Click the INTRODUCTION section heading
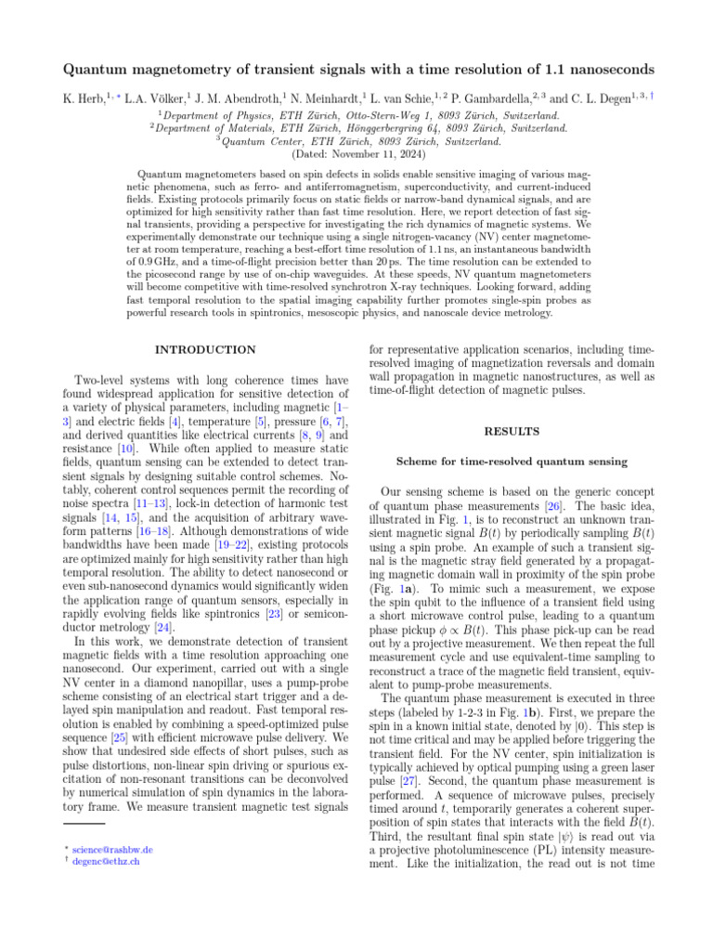click(x=205, y=349)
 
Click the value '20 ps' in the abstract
click(x=388, y=263)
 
